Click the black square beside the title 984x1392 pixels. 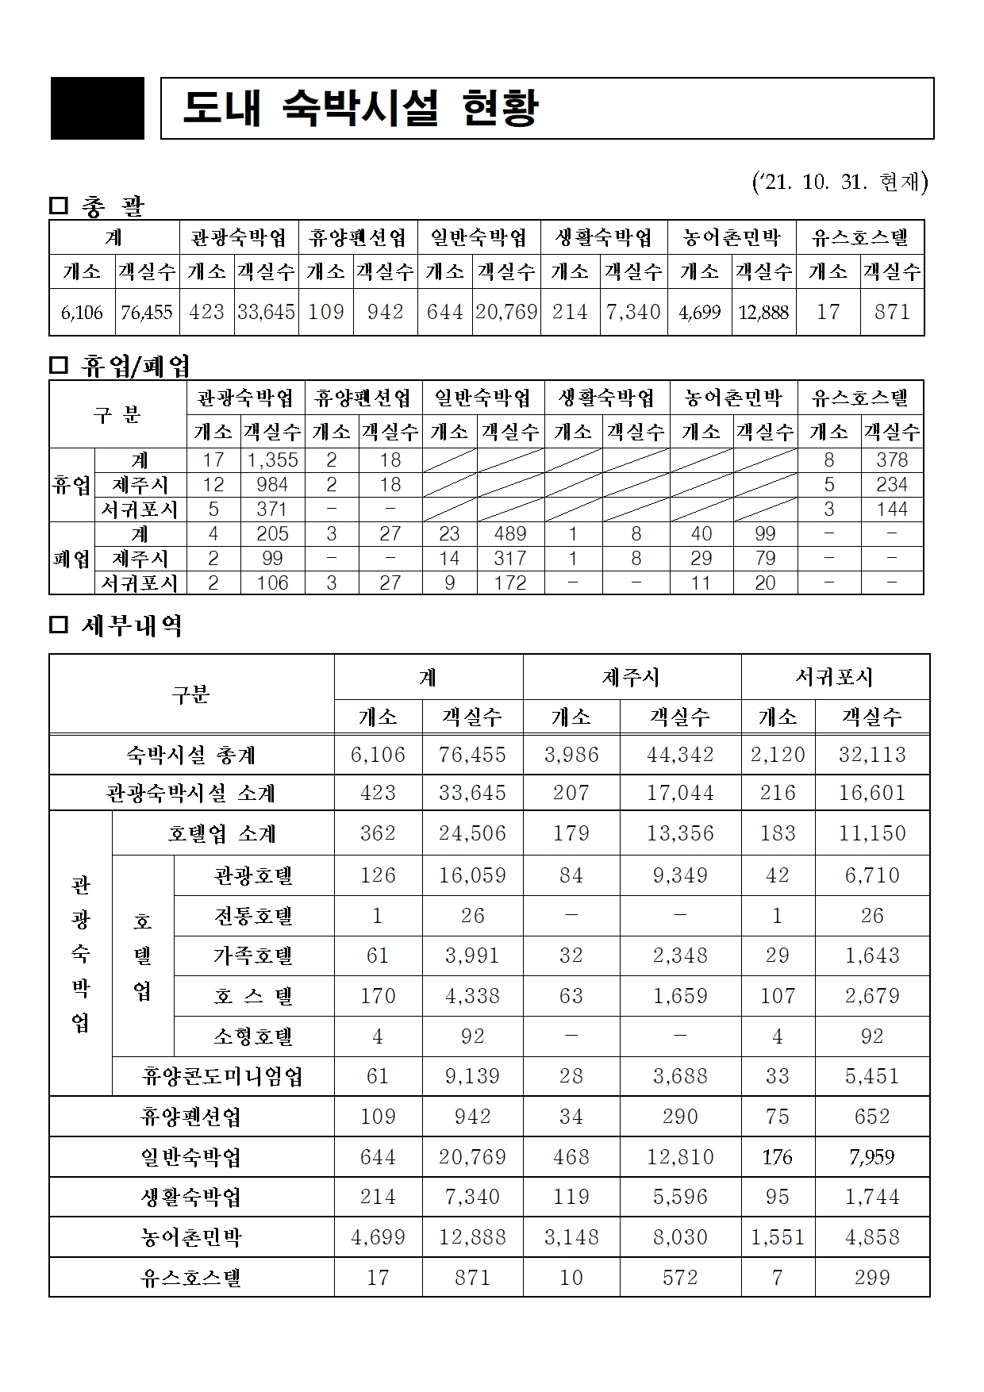tap(98, 109)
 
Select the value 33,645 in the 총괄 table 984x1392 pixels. tap(266, 312)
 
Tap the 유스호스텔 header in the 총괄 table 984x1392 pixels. tap(859, 237)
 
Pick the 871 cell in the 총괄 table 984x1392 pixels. tap(892, 312)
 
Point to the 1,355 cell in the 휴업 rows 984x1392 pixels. tap(272, 460)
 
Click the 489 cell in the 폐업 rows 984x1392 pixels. tap(509, 534)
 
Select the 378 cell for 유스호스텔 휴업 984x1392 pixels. tap(892, 460)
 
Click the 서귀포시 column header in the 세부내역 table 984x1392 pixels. tap(834, 677)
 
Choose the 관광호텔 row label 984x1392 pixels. tap(253, 875)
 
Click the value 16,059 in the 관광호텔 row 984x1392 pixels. tap(472, 875)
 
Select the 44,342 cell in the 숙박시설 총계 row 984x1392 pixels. tap(680, 754)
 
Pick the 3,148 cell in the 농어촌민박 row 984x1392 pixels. tap(571, 1237)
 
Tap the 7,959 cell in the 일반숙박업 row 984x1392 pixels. tap(871, 1157)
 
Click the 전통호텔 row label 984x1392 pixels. tap(253, 916)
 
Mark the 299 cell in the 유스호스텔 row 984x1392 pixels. tap(871, 1278)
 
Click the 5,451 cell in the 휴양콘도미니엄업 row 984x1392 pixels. tap(871, 1076)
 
